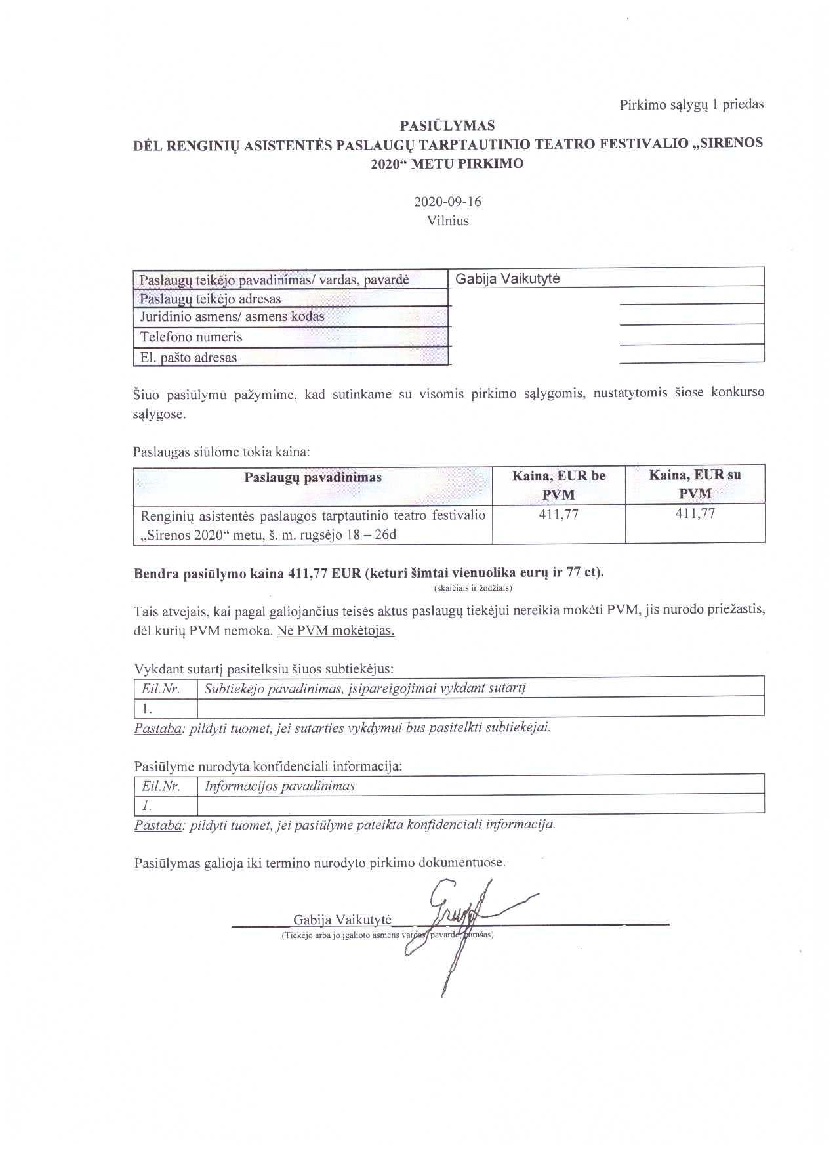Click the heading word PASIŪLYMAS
pos(447,125)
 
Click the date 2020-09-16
pos(447,202)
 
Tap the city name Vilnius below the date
pos(448,221)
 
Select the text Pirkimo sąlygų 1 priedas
pos(691,104)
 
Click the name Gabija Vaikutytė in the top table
pos(508,278)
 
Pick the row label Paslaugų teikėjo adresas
pos(210,299)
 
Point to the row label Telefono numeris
pos(191,337)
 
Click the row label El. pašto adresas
pos(188,358)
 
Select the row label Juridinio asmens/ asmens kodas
pos(232,316)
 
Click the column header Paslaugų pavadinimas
pos(313,477)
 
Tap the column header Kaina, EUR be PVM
pos(559,484)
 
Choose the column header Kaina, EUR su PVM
pos(695,484)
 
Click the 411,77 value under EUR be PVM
pos(559,515)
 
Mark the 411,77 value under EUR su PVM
pos(695,514)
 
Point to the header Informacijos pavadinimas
pos(279,786)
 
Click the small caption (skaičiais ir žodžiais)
pos(473,587)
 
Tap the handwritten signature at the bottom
pos(459,919)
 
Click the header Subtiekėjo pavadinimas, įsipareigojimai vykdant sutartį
pos(365,688)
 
